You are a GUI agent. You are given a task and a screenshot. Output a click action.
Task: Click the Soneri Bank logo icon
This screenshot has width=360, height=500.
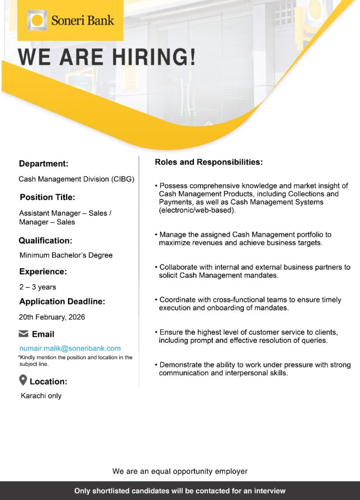pos(37,20)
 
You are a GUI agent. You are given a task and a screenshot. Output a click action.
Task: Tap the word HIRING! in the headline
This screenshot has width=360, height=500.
pos(153,57)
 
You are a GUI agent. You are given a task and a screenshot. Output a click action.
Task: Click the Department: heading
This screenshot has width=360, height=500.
pos(43,164)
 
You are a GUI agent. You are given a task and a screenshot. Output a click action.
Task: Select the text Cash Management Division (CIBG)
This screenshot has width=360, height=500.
pos(76,179)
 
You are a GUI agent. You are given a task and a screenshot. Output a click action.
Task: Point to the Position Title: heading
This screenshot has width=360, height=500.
pos(47,197)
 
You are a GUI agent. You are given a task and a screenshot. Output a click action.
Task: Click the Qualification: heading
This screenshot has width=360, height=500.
pos(45,241)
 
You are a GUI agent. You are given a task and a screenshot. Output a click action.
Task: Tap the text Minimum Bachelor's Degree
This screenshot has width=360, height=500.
pos(66,255)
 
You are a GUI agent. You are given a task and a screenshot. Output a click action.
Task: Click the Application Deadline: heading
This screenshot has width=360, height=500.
pos(62,301)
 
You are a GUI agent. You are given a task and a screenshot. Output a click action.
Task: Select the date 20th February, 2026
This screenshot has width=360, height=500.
pos(52,317)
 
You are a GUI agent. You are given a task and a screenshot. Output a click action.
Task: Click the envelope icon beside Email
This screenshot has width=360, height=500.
pos(23,334)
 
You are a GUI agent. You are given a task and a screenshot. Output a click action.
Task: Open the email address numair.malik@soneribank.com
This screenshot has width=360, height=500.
pos(70,348)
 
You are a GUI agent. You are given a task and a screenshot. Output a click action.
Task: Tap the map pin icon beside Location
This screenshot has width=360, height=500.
pos(23,381)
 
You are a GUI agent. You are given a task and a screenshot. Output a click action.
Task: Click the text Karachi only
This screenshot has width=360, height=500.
pos(41,396)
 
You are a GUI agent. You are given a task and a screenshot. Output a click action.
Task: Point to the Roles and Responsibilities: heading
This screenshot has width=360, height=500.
pos(208,162)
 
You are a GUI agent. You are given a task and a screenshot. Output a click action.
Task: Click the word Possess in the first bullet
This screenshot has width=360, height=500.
pos(173,186)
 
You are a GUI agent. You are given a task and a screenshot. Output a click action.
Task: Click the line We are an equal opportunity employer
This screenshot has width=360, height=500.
pos(180,471)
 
